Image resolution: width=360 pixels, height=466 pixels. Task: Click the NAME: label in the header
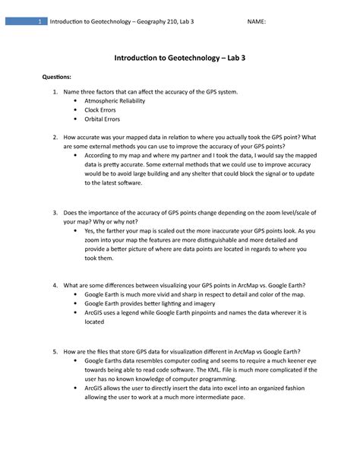[257, 21]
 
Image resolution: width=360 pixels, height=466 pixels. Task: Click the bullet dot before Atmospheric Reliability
[74, 100]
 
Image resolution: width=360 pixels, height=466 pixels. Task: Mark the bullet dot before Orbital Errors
[74, 119]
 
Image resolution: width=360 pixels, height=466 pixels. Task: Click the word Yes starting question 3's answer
[90, 230]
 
